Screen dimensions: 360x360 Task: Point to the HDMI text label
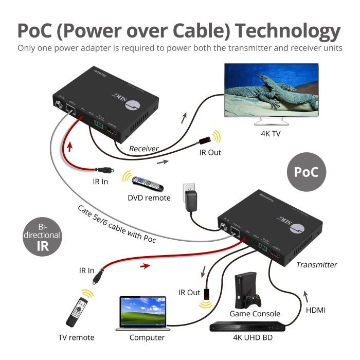[316, 310]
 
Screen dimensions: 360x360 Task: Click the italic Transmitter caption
[316, 265]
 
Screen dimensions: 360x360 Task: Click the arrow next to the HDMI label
[307, 296]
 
